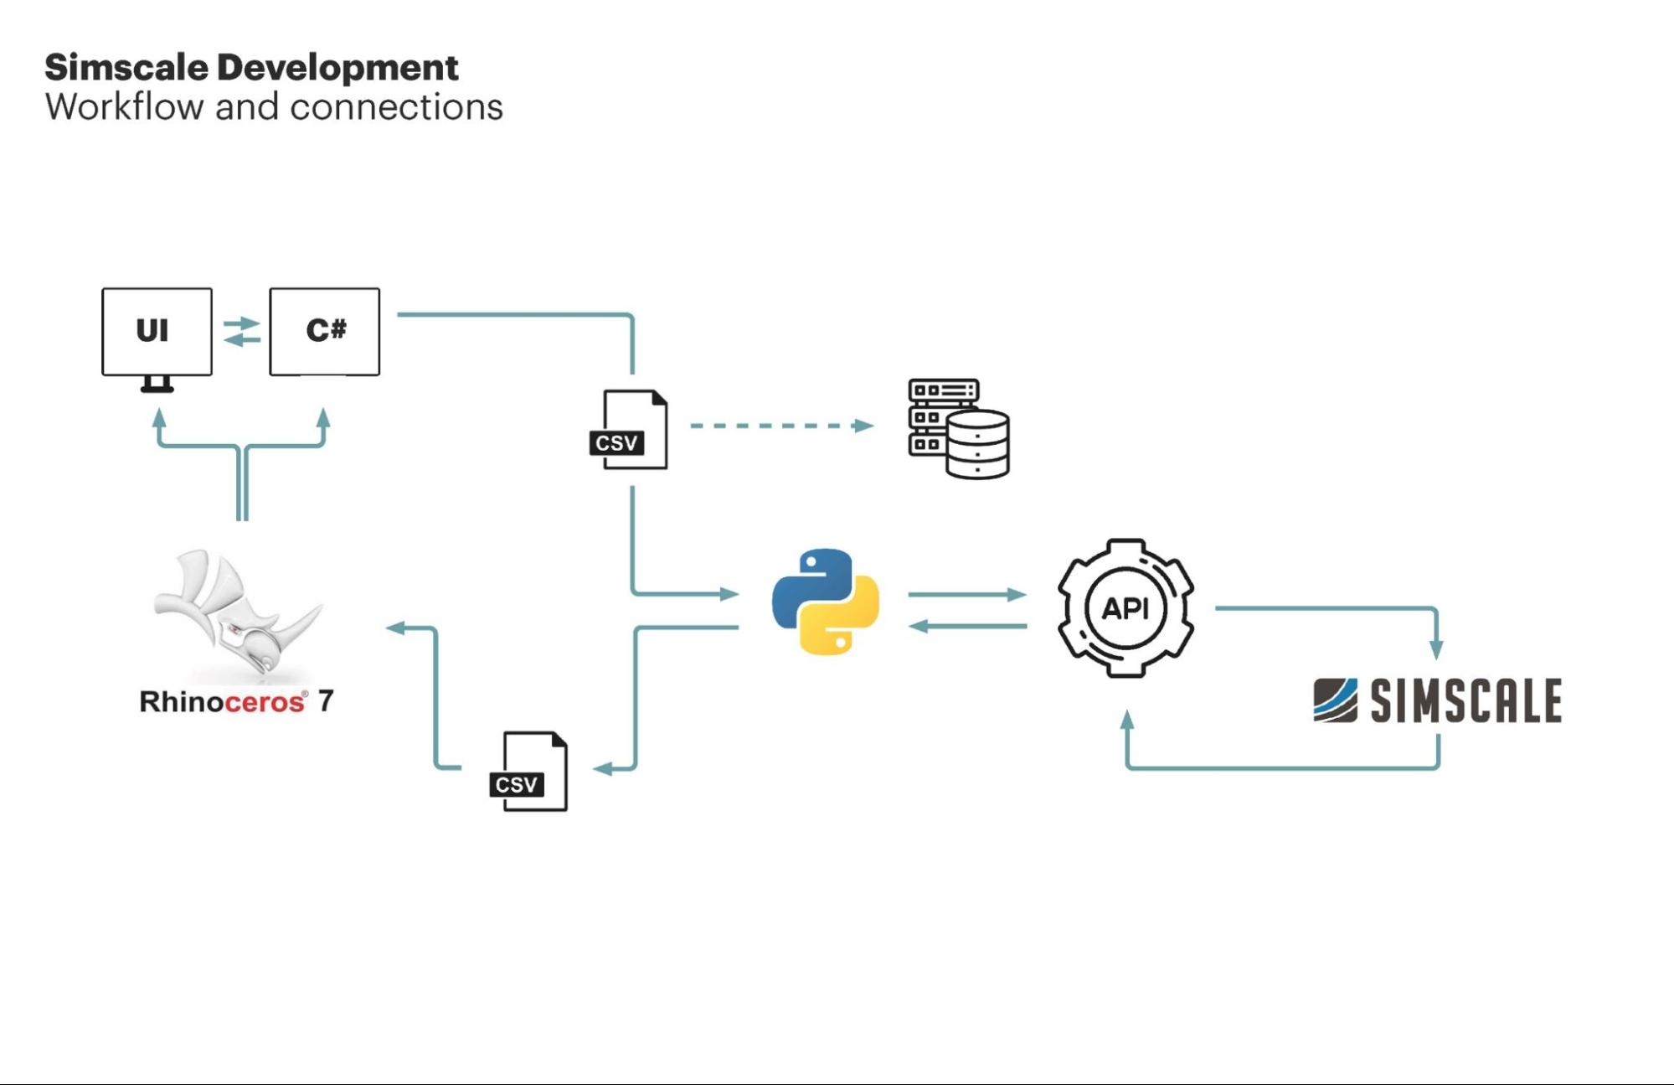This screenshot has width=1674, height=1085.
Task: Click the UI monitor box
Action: tap(157, 332)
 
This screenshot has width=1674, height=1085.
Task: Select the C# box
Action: tap(324, 332)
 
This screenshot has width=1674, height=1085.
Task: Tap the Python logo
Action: tap(826, 602)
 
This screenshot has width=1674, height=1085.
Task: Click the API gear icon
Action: tap(1125, 607)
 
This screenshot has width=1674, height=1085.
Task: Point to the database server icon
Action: tap(959, 428)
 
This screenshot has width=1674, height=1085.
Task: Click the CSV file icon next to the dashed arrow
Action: tap(630, 430)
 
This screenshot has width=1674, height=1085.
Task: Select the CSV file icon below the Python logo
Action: tap(529, 772)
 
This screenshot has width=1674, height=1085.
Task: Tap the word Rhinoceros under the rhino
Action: tap(222, 701)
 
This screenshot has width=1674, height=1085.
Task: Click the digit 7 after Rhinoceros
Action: tap(326, 700)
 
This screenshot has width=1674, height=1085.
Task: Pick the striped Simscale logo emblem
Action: tap(1335, 700)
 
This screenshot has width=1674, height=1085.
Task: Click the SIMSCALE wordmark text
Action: tap(1465, 700)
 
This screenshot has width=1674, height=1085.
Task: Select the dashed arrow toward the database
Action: tap(780, 426)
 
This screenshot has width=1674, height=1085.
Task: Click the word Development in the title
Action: tap(337, 68)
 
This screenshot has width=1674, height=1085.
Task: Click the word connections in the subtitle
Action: tap(396, 107)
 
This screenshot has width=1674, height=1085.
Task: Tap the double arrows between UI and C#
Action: tap(242, 331)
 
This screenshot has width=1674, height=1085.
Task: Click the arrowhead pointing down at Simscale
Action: tap(1436, 648)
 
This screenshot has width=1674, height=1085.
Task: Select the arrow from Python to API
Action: tap(966, 594)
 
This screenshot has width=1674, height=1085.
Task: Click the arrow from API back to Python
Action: tap(966, 626)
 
